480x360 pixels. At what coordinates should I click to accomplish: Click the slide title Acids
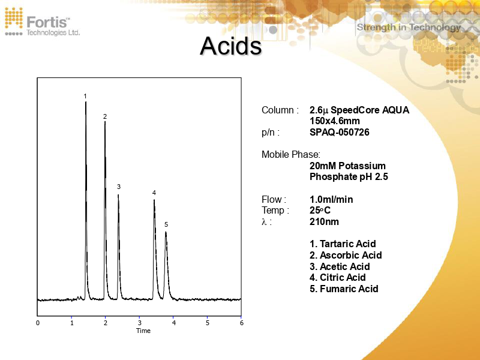[x=230, y=46]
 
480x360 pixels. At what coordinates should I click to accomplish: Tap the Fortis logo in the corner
[x=42, y=22]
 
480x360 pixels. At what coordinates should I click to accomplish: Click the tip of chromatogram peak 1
[x=86, y=102]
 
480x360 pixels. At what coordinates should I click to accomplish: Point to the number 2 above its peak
[x=104, y=116]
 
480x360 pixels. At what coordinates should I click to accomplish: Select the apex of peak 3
[x=118, y=194]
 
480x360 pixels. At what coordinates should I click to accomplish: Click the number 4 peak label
[x=154, y=193]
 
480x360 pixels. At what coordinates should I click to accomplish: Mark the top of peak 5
[x=166, y=232]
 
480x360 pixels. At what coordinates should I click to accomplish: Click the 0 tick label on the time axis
[x=38, y=323]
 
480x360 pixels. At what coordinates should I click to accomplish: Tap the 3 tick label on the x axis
[x=139, y=323]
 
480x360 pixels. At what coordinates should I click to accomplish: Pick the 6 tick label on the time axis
[x=241, y=323]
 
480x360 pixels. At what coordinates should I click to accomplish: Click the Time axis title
[x=143, y=331]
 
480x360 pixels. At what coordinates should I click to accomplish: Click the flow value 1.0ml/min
[x=331, y=199]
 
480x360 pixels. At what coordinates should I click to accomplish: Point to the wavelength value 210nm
[x=324, y=221]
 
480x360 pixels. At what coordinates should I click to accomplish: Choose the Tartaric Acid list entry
[x=343, y=244]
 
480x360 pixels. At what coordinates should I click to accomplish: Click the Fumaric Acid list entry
[x=344, y=289]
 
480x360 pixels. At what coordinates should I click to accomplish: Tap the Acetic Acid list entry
[x=340, y=266]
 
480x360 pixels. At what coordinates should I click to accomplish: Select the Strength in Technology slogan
[x=409, y=27]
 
